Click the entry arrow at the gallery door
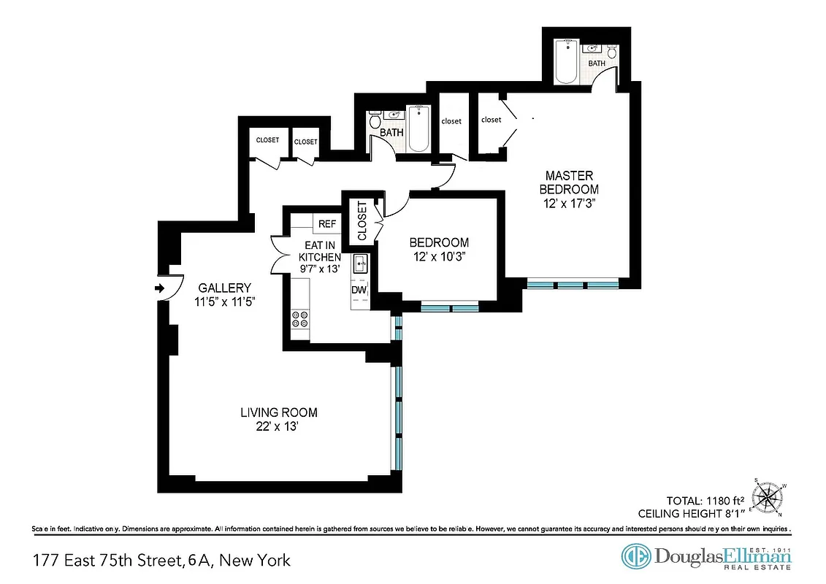point(159,288)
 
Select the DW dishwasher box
point(359,291)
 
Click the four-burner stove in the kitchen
point(299,318)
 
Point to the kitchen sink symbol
point(360,264)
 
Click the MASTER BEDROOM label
point(570,182)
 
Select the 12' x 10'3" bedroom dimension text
point(439,256)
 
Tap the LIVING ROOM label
point(279,412)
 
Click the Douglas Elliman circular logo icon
point(636,556)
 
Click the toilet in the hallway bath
point(375,120)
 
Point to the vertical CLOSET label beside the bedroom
point(362,221)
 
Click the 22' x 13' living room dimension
point(279,427)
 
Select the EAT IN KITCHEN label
point(319,252)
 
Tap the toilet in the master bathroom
point(613,53)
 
